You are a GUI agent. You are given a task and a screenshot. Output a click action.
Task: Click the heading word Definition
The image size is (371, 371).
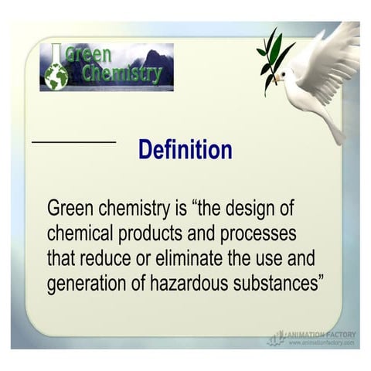tap(185, 149)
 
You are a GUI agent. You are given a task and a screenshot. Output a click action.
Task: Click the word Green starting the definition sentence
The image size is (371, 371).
tap(70, 209)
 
